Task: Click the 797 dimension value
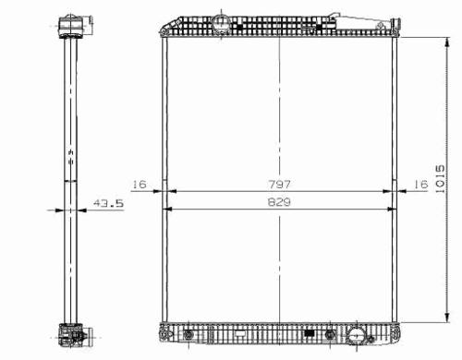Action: coord(279,185)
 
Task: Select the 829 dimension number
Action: coord(279,202)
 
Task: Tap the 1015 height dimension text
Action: coord(440,179)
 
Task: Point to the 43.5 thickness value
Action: coord(108,203)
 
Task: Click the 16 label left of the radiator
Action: coord(140,185)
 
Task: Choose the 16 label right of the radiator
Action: coord(420,185)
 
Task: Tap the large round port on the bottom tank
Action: coord(357,335)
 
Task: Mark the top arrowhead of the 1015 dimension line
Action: coord(447,42)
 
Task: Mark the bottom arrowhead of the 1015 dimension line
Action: coord(447,317)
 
